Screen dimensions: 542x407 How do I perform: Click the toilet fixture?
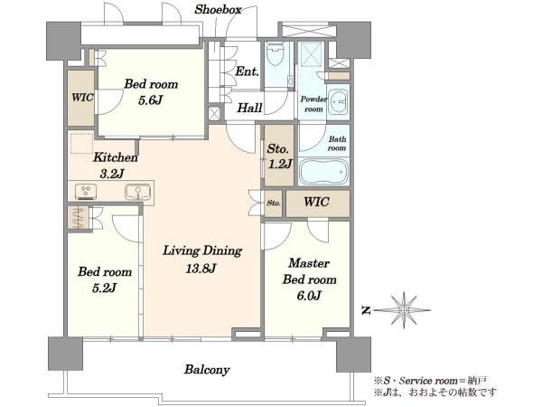276,54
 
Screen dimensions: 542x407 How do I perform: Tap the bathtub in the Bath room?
323,172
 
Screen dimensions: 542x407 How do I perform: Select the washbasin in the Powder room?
338,101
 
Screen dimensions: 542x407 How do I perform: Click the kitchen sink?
137,192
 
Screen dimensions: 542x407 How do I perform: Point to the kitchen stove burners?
86,192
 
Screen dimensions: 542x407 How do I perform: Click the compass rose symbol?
403,310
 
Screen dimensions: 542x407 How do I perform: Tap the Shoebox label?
218,10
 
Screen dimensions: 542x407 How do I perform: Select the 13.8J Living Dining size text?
201,269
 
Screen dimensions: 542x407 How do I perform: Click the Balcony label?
207,370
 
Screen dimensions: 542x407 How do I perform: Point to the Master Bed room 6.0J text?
309,279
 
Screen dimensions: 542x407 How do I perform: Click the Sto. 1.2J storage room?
279,156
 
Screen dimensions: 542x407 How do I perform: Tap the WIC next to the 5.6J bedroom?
81,98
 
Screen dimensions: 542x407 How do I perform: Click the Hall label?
249,108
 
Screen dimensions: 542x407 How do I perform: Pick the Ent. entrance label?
247,71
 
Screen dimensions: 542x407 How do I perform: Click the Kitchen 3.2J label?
115,166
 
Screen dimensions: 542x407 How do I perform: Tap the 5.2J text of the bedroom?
105,288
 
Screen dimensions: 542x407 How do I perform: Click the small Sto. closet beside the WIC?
274,203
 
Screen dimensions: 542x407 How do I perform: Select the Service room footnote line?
430,381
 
